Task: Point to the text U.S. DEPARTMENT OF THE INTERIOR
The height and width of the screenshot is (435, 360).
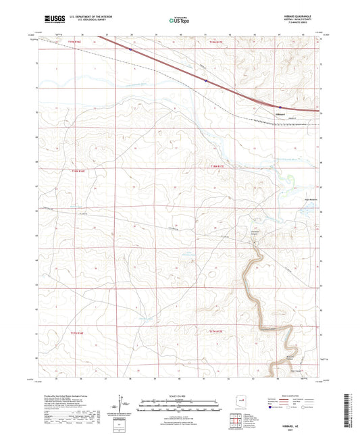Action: point(95,17)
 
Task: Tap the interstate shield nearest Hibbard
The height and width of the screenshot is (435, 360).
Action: point(280,105)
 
